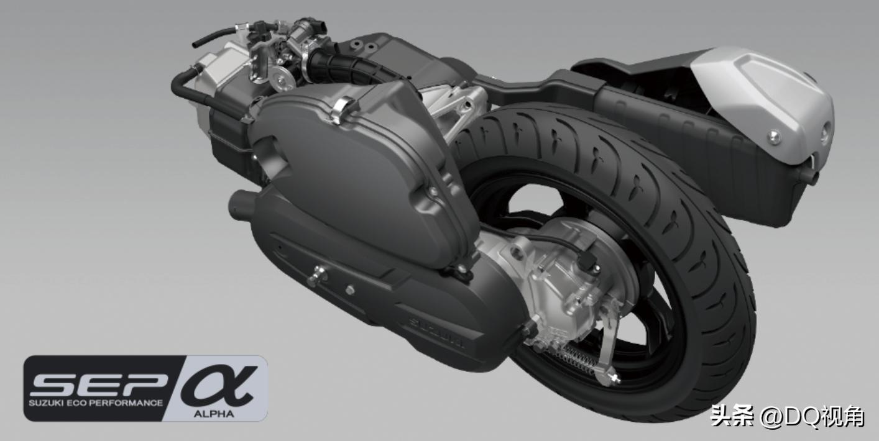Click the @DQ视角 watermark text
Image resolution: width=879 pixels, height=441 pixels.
[x=811, y=416]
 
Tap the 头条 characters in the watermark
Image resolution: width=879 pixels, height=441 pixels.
[x=732, y=416]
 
